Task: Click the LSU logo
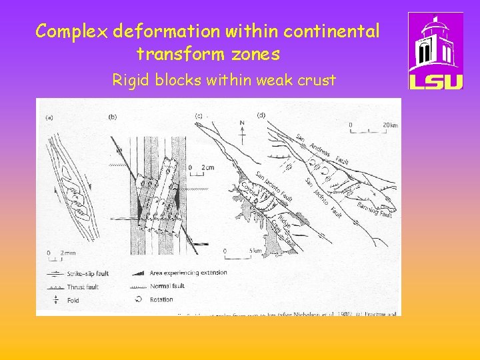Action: (435, 51)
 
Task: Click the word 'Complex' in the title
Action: (72, 31)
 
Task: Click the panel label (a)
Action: (49, 117)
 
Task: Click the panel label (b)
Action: (112, 117)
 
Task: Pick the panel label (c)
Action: (198, 116)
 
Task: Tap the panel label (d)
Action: (261, 115)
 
